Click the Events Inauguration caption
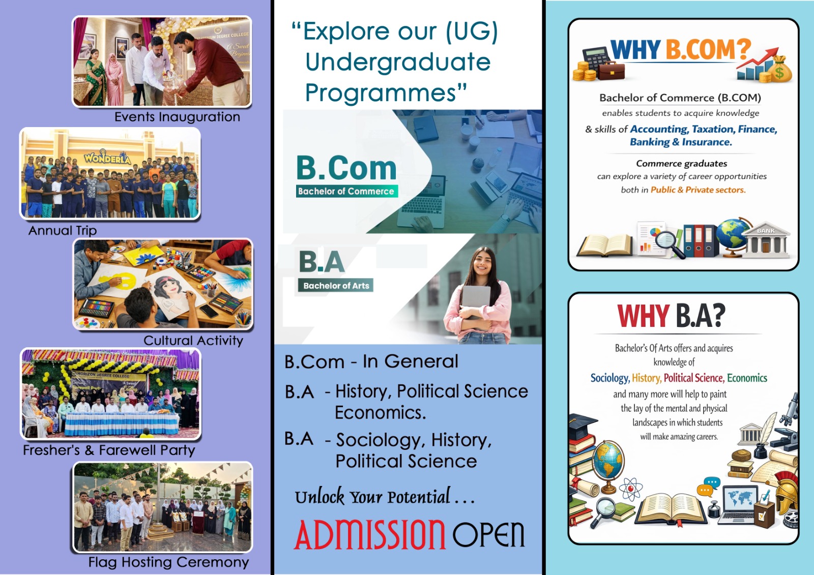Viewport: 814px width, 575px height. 178,117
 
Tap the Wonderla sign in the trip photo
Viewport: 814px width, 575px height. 107,158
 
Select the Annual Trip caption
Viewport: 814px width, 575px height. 63,231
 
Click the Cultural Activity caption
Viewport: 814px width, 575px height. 193,341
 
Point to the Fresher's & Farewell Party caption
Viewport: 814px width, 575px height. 109,450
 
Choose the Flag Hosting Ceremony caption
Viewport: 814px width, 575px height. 168,562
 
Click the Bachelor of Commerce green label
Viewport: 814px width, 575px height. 347,191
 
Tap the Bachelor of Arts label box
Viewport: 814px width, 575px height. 336,286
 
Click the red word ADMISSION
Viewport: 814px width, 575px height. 370,534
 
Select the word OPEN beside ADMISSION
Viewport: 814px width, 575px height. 488,534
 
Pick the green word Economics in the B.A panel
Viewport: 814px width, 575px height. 747,378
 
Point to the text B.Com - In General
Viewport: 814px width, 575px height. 371,362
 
